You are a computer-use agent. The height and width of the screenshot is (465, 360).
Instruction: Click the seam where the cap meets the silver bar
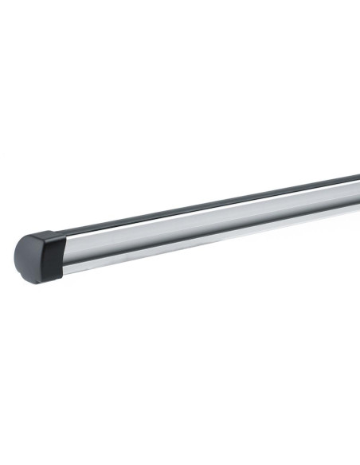coord(63,253)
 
